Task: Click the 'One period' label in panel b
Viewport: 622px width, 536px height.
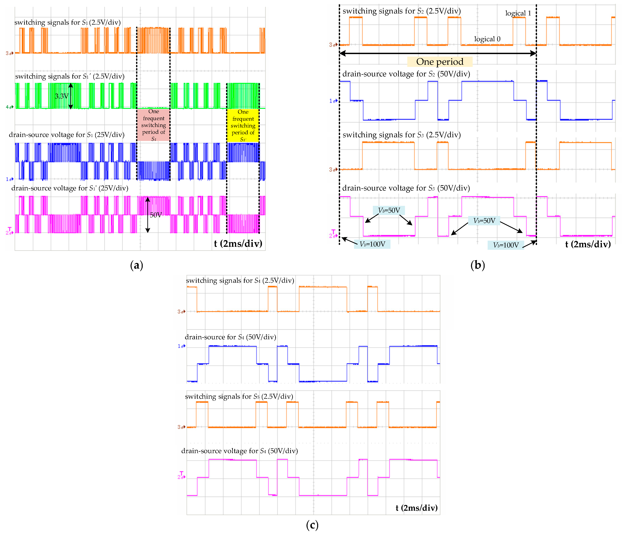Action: [440, 62]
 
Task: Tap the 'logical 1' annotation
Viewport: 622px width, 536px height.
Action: [518, 13]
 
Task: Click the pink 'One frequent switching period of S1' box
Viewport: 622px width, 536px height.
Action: [153, 125]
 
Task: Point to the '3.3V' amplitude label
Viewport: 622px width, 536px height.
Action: [62, 96]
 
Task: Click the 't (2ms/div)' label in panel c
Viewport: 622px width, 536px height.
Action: [416, 508]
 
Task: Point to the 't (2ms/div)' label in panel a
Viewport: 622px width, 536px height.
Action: [238, 243]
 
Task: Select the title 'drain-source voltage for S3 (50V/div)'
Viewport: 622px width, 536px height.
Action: [406, 188]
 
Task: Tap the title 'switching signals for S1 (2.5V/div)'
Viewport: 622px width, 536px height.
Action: [68, 22]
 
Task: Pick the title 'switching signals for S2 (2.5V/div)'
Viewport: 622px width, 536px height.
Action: [401, 11]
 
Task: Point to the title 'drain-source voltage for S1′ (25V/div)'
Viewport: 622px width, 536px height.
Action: [70, 188]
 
